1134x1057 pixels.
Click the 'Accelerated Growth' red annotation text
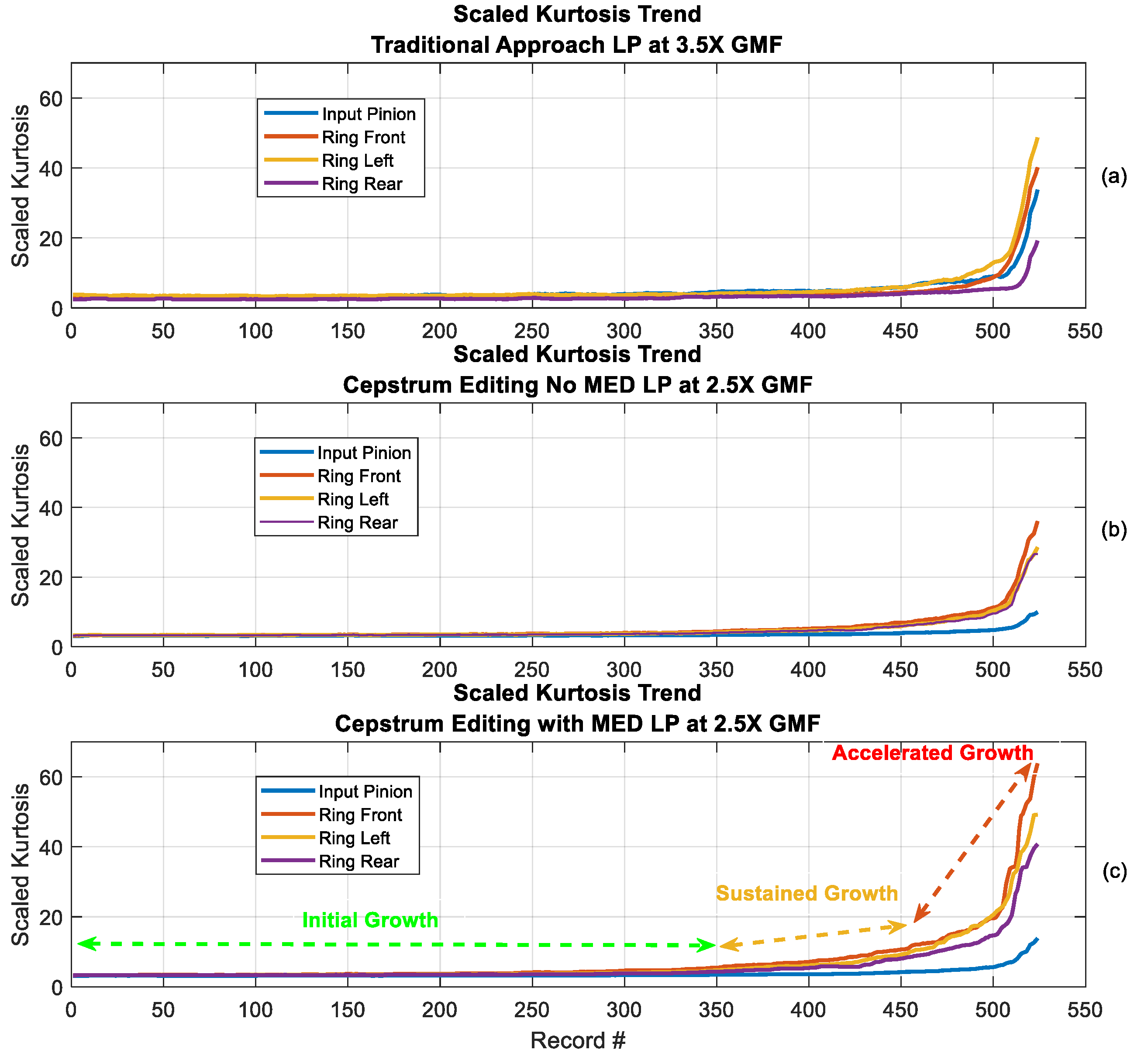932,753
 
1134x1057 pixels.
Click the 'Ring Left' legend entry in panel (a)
357,161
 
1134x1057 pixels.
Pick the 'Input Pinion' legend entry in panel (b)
364,453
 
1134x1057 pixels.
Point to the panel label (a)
1113,177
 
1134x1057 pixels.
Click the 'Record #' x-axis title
577,1041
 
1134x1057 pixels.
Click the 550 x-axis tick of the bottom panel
1084,1010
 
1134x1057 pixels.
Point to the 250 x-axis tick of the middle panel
532,670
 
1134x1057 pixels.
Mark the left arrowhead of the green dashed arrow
80,943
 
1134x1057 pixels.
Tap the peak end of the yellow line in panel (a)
1037,138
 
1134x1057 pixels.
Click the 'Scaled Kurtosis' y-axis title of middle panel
21,525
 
